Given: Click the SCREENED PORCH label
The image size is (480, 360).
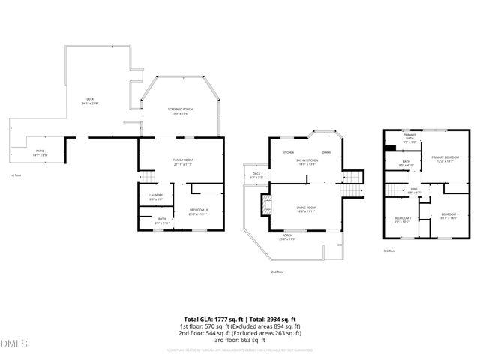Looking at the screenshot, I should (x=178, y=111).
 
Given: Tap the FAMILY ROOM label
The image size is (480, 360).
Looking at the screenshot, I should (x=183, y=162).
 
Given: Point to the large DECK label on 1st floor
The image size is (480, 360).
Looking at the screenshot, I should (x=90, y=101).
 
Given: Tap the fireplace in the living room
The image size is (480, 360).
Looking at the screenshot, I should (x=263, y=205).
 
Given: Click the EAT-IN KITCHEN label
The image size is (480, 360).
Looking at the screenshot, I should (x=307, y=162).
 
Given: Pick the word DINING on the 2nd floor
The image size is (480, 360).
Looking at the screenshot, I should (x=327, y=152).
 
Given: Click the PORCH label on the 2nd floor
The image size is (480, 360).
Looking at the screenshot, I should (x=287, y=237).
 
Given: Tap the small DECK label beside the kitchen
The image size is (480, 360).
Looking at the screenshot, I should (x=256, y=175).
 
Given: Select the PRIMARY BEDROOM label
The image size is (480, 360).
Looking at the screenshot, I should (x=445, y=158).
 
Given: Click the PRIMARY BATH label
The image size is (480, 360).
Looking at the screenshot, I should (x=409, y=139).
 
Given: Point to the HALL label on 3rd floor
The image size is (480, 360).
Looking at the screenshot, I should (x=414, y=190).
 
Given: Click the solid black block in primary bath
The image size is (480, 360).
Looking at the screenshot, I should (x=389, y=148).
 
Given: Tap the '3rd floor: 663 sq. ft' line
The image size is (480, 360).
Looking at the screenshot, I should (x=240, y=339).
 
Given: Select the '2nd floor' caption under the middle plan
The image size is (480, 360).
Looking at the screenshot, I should (x=277, y=272).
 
